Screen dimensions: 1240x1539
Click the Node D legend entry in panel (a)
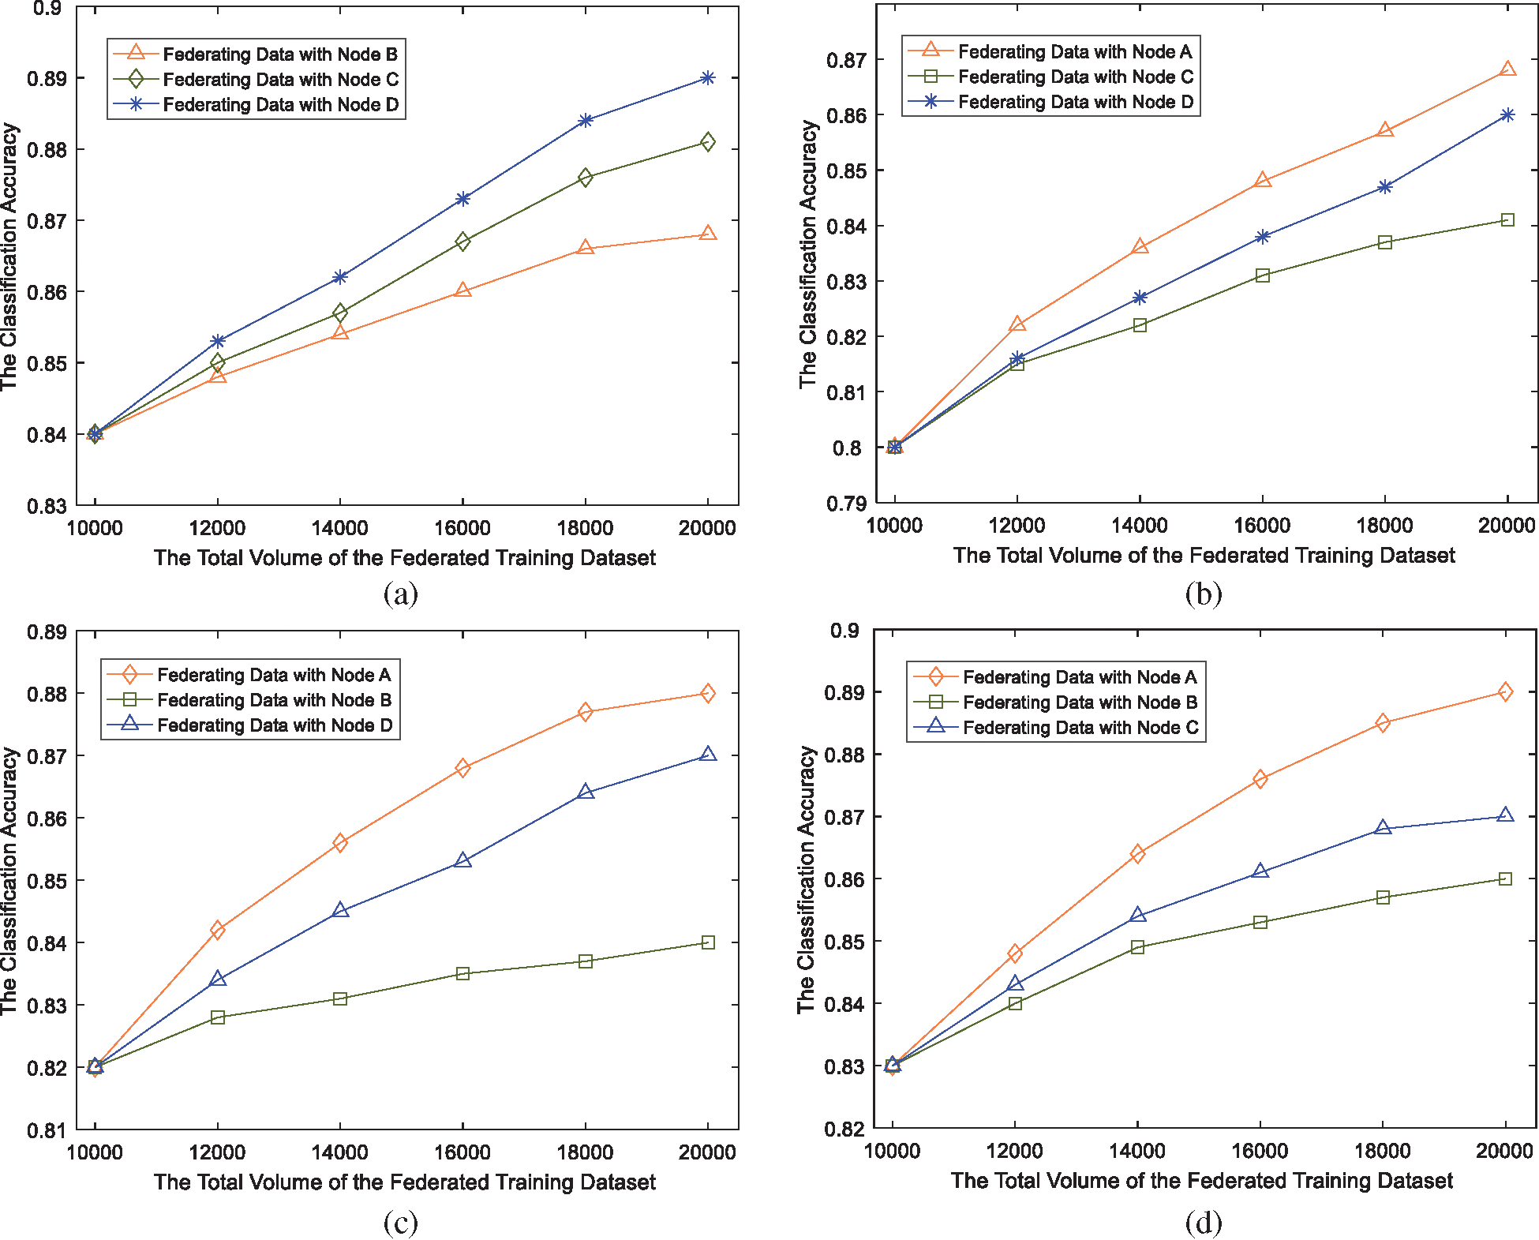[280, 104]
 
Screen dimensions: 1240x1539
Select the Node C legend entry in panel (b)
[1075, 77]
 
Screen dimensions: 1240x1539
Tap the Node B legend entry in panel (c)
[274, 700]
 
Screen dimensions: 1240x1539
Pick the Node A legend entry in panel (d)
[1079, 677]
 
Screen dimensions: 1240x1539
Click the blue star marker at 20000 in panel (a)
[708, 78]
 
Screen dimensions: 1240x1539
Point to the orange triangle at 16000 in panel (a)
[463, 290]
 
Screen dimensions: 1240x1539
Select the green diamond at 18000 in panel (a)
[586, 178]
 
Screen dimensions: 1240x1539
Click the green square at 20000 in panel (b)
[1507, 219]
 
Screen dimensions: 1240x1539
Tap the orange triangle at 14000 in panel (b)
[1140, 247]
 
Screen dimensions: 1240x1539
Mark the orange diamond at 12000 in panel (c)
[218, 931]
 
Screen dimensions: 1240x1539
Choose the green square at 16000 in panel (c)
[463, 974]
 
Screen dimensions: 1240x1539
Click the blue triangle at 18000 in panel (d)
[1383, 828]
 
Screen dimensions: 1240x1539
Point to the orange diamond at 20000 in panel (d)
[1506, 692]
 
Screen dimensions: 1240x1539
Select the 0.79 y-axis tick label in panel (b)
[846, 504]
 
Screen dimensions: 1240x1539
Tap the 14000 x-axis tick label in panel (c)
[340, 1152]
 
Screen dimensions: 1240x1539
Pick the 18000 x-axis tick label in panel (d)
[1383, 1151]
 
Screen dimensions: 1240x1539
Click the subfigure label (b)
[1204, 594]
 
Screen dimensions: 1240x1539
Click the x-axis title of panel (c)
[405, 1182]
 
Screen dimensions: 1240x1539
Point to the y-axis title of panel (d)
[806, 879]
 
